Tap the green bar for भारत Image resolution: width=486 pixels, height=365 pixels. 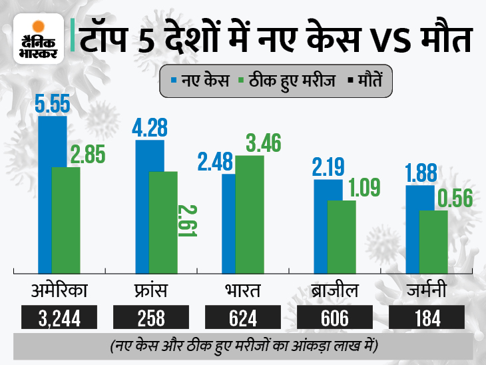[250, 213]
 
